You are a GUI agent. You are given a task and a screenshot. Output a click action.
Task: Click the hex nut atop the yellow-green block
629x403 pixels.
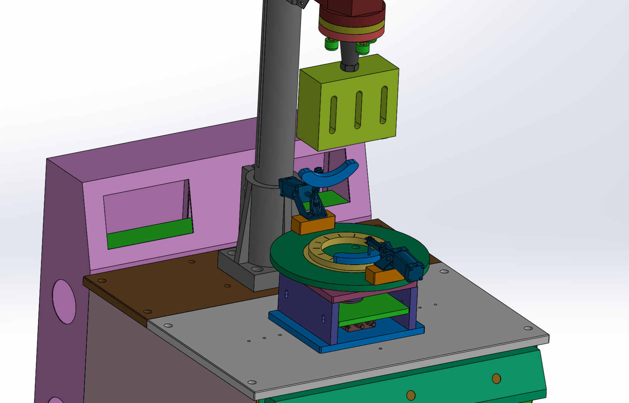pos(349,67)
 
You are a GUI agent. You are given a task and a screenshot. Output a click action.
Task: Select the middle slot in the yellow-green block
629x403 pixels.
pos(358,110)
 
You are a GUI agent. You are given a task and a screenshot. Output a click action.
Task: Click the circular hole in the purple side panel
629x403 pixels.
pos(64,302)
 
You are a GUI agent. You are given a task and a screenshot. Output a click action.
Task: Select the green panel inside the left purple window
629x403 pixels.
pos(149,233)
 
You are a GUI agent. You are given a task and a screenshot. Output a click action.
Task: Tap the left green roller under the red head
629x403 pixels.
pos(331,44)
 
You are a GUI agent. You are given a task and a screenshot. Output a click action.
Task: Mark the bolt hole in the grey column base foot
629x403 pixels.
pos(257,269)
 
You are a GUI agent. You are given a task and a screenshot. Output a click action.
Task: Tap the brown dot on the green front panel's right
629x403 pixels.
pos(496,378)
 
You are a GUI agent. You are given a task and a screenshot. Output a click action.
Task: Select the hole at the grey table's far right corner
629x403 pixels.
pos(528,328)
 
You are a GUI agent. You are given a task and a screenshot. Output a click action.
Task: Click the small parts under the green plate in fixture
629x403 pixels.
pos(360,326)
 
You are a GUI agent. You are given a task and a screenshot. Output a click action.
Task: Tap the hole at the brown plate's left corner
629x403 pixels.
pos(102,281)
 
